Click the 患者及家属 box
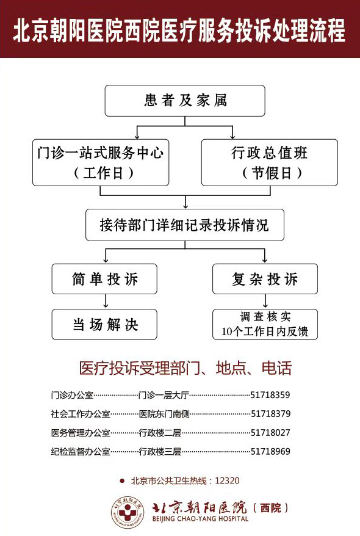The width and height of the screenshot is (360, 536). click(185, 101)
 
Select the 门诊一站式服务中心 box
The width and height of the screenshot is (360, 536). click(101, 162)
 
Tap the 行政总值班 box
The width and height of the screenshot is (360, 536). click(270, 162)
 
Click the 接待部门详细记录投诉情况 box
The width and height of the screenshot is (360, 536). click(185, 225)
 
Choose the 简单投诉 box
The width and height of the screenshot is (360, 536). click(104, 279)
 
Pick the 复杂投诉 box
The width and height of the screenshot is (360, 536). click(265, 279)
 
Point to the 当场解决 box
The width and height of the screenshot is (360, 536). click(104, 324)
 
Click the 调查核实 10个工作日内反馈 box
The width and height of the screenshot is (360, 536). click(265, 324)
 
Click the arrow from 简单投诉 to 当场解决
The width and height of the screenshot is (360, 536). click(106, 301)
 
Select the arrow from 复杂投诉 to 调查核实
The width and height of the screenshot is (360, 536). click(265, 301)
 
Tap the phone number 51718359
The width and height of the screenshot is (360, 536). click(270, 395)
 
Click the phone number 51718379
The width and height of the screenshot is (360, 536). click(271, 414)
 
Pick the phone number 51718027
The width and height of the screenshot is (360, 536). click(270, 432)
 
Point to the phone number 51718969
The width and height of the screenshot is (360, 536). click(270, 451)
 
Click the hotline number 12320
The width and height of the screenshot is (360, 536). click(228, 480)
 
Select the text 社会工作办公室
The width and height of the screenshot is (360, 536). click(81, 414)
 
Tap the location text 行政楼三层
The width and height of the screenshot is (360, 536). click(160, 452)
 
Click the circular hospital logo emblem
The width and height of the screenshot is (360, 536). click(128, 513)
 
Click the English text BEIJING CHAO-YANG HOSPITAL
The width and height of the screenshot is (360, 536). click(200, 518)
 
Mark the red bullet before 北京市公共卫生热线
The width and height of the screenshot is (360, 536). click(122, 481)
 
